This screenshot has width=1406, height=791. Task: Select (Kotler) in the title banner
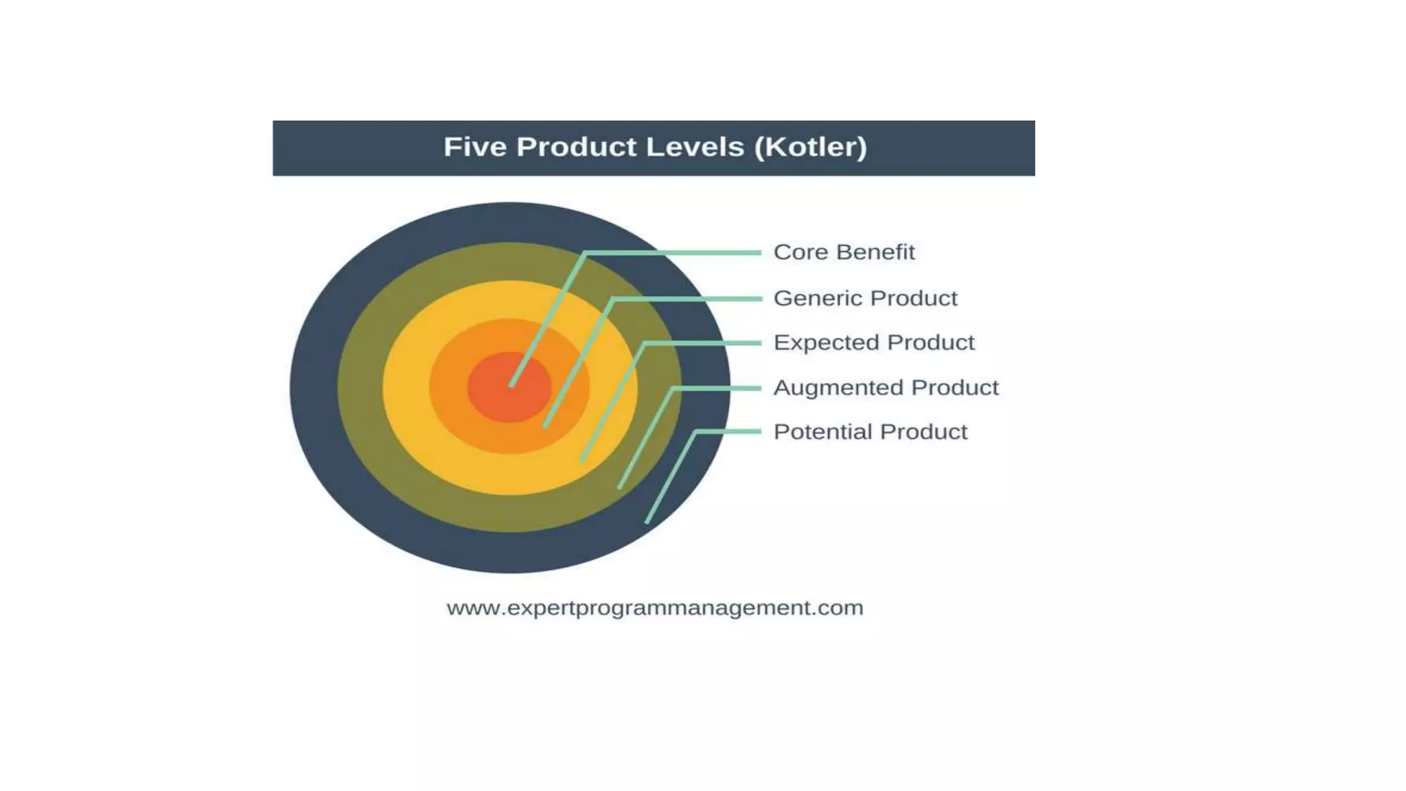click(x=810, y=147)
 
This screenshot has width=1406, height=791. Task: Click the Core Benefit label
click(x=844, y=252)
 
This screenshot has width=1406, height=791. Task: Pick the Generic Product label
click(x=865, y=298)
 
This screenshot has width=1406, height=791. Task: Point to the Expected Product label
click(x=873, y=342)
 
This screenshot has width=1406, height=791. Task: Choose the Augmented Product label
click(x=886, y=387)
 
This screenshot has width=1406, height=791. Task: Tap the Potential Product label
click(x=870, y=432)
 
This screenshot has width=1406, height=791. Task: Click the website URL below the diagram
click(x=654, y=608)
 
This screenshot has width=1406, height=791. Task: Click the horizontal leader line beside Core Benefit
click(x=673, y=253)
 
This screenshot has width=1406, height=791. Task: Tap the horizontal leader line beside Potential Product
click(x=728, y=431)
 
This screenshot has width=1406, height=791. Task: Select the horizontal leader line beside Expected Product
click(x=704, y=343)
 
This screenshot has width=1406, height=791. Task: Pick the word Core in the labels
click(x=798, y=252)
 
